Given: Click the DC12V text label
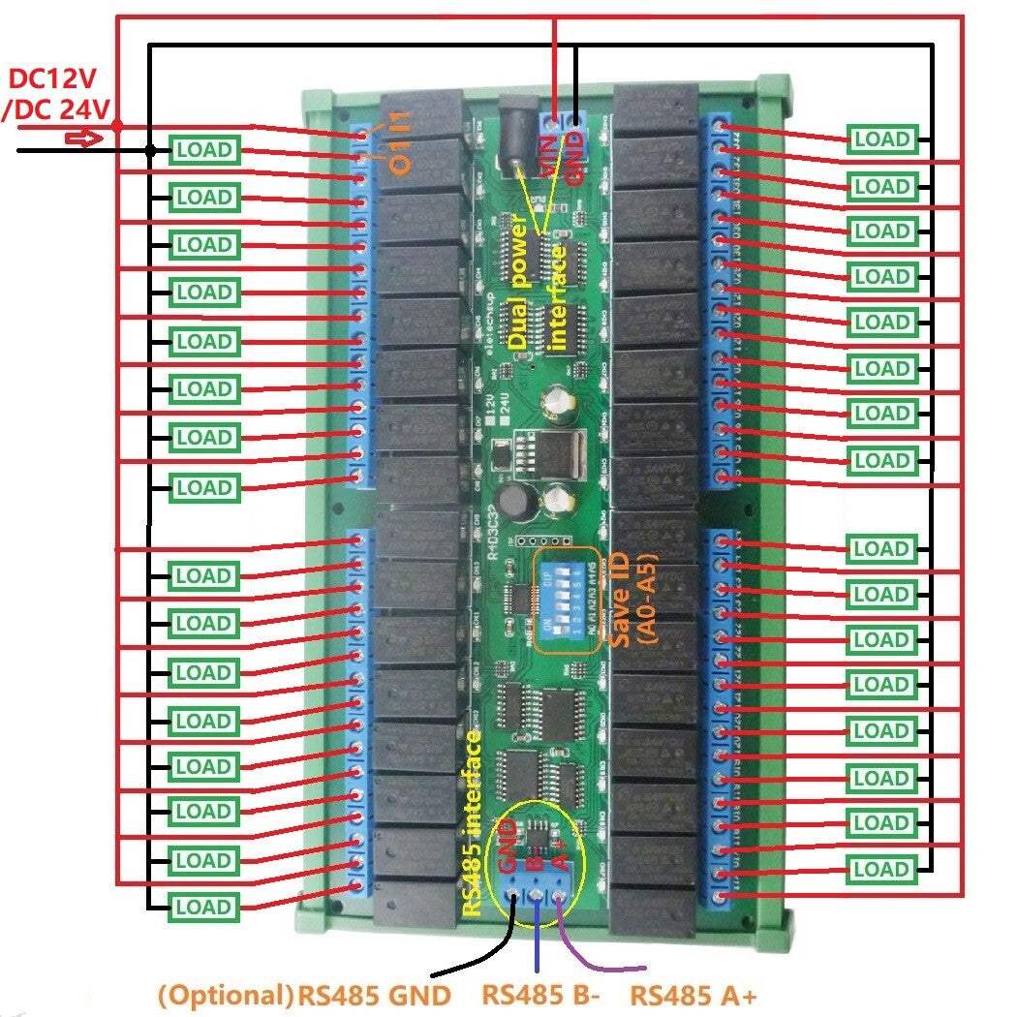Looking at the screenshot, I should pyautogui.click(x=56, y=79).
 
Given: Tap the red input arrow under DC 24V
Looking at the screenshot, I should pyautogui.click(x=82, y=139).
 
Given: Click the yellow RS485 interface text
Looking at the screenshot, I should pyautogui.click(x=473, y=823).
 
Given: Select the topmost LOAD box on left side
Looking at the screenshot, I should pyautogui.click(x=204, y=150).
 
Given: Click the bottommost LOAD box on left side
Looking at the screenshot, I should pyautogui.click(x=204, y=908).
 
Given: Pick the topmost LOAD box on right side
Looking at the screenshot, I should pyautogui.click(x=881, y=139).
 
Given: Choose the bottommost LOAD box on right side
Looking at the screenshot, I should pyautogui.click(x=881, y=869).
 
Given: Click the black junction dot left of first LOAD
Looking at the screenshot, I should pyautogui.click(x=150, y=150).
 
